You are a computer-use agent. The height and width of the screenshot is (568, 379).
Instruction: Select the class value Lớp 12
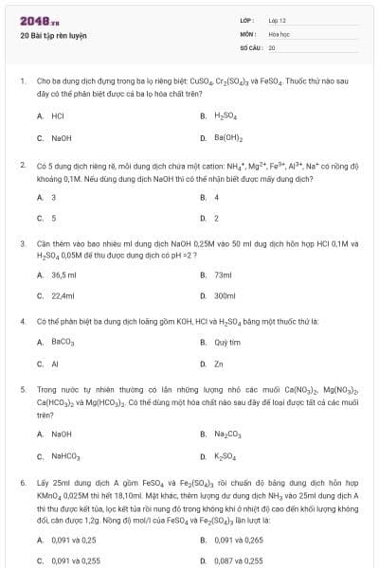tap(277, 19)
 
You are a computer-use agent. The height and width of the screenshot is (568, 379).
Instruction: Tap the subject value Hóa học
tap(279, 32)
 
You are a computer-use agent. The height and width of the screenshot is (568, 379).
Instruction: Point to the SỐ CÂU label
tap(250, 45)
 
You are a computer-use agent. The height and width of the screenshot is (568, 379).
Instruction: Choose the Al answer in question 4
tap(55, 364)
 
